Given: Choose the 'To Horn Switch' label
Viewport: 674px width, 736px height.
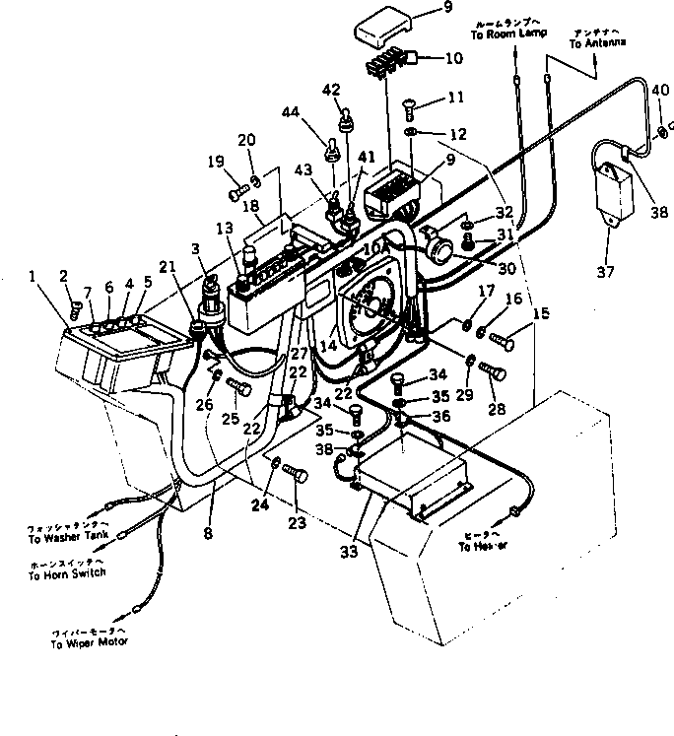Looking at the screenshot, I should [x=67, y=573].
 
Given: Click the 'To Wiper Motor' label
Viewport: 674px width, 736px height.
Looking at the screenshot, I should [x=90, y=640].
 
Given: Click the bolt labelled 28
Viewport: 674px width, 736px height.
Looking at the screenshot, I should [x=491, y=370].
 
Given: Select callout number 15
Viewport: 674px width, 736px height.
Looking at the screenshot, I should [x=540, y=313].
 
